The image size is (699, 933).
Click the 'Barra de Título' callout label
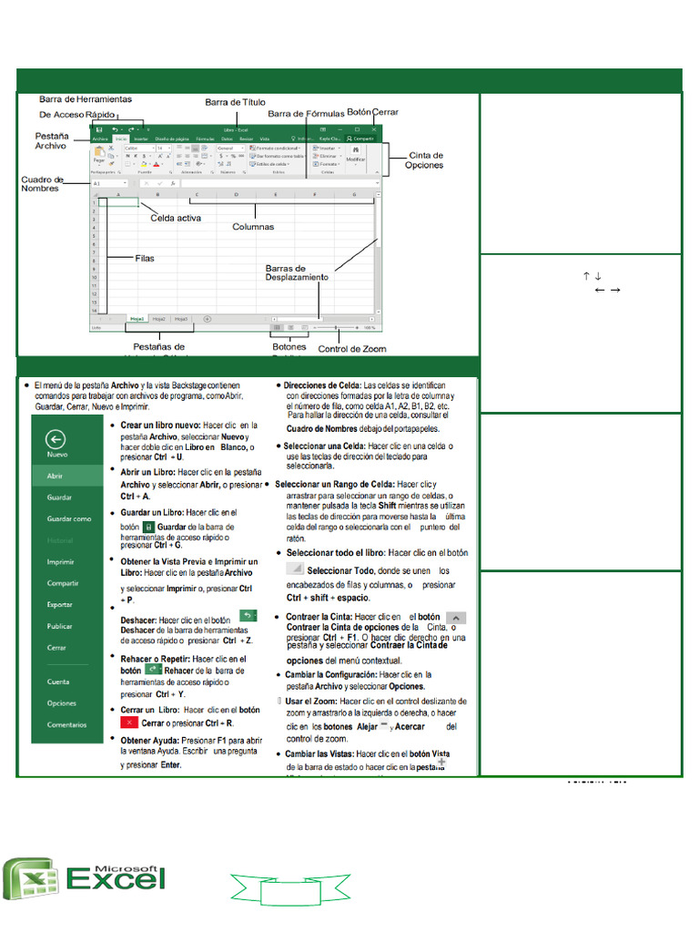[235, 103]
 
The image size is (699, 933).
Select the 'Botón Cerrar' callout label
[373, 111]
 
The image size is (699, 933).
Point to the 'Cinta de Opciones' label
[424, 160]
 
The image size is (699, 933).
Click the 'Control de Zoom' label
[351, 349]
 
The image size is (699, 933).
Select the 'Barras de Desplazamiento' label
[297, 273]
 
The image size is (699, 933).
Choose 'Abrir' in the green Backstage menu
[56, 476]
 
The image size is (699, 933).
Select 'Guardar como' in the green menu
[69, 518]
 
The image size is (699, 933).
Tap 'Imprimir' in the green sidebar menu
[61, 562]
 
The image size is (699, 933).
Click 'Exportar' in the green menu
[60, 604]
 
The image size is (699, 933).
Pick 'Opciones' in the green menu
[62, 703]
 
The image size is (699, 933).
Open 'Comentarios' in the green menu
[67, 725]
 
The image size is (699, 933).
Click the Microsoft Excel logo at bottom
[86, 877]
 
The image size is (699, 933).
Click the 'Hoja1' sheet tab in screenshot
[137, 319]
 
